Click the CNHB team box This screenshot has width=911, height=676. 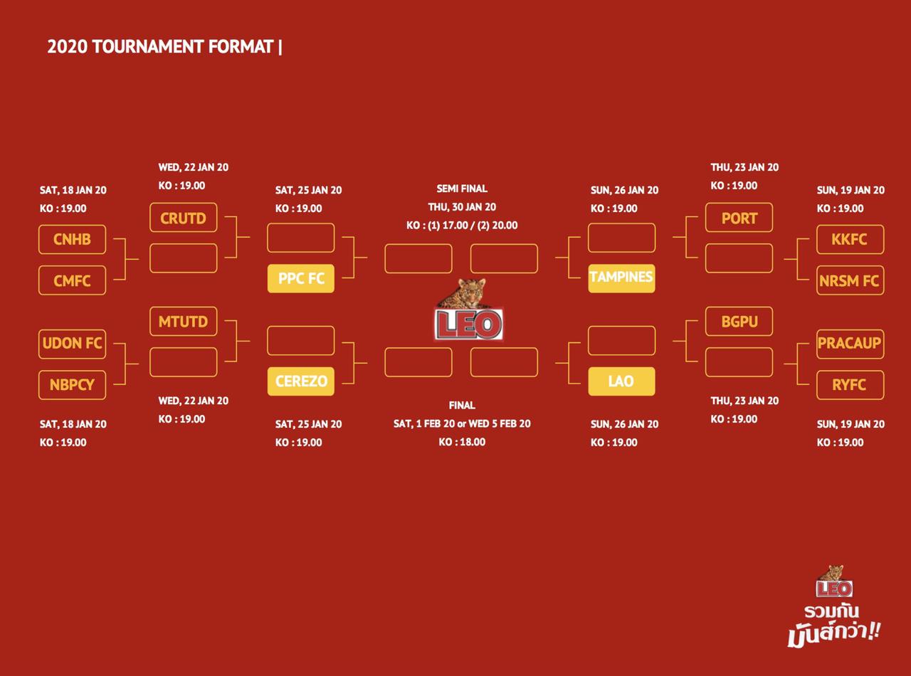click(72, 240)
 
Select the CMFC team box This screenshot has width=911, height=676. click(72, 281)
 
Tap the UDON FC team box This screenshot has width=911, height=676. click(72, 343)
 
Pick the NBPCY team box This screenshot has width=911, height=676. click(72, 385)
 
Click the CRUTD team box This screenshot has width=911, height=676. click(183, 218)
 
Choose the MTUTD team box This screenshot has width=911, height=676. click(183, 322)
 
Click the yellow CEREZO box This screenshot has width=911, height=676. click(301, 381)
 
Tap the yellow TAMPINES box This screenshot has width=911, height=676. click(621, 278)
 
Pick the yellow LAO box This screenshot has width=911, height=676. click(621, 381)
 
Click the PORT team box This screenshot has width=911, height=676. click(739, 218)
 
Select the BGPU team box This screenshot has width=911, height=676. click(739, 322)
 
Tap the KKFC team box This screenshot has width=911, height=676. click(850, 240)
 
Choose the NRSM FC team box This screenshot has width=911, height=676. click(850, 281)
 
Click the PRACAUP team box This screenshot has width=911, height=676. click(850, 343)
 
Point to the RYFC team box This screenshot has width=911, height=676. click(850, 385)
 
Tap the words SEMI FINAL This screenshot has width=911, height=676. click(462, 189)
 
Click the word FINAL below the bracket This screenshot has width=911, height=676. click(462, 406)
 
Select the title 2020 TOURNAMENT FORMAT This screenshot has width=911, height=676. click(161, 47)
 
